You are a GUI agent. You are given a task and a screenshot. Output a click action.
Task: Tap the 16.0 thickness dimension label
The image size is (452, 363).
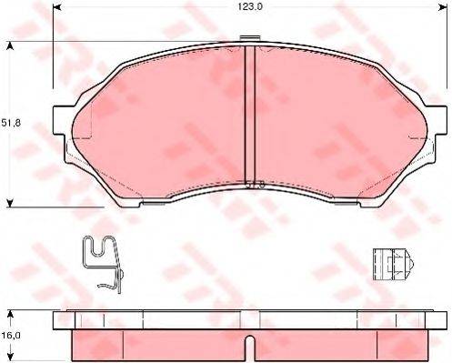point(12,335)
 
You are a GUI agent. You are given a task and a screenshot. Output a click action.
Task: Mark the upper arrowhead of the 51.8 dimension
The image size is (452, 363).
point(9,44)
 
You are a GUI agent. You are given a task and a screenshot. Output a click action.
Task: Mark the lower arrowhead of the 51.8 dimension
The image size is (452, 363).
point(9,202)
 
